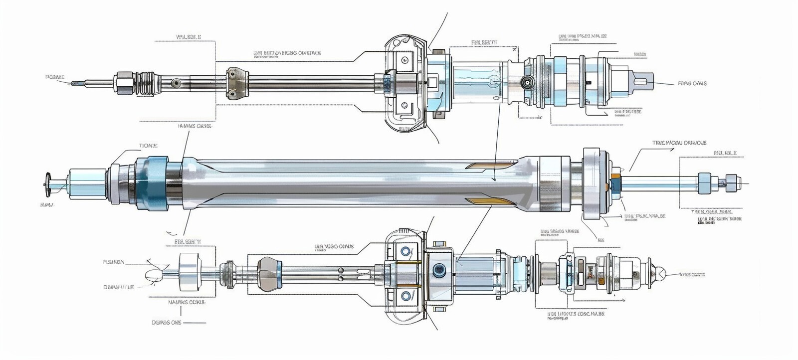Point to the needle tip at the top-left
75,83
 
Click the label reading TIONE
148,146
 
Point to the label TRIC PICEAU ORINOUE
679,143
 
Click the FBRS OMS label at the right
692,83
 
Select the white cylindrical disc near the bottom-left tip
190,271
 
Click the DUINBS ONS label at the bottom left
166,323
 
